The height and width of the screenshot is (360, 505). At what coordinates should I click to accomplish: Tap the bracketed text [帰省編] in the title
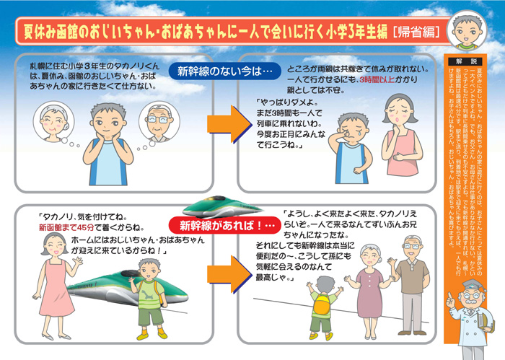click(416, 31)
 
